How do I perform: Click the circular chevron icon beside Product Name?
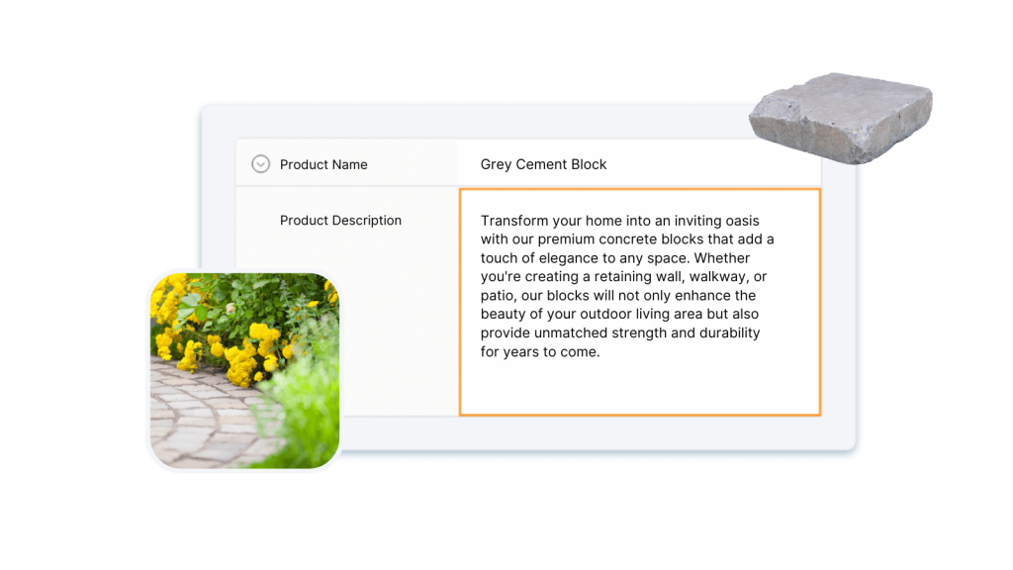pos(260,164)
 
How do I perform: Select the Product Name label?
pos(323,165)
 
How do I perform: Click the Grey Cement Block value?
pos(543,164)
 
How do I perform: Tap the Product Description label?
pos(340,221)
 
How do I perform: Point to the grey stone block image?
pos(841,118)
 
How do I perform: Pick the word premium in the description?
pos(566,239)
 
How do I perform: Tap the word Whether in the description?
pos(722,258)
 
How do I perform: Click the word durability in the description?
pos(729,332)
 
